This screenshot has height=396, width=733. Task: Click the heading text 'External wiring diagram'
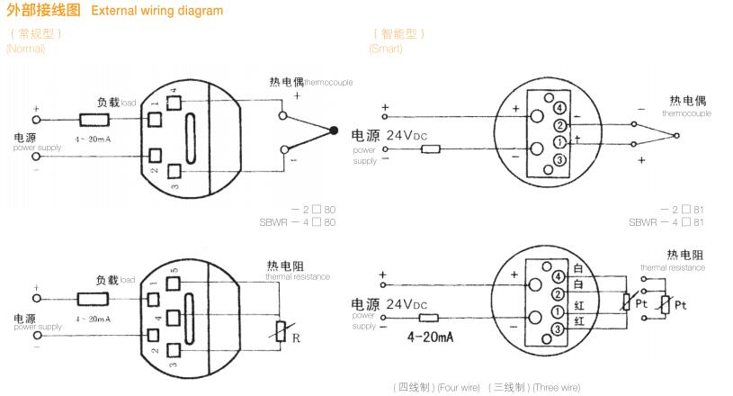(x=167, y=12)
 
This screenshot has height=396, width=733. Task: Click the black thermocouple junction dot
(x=335, y=131)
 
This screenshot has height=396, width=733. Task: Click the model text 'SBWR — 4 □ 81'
(x=666, y=222)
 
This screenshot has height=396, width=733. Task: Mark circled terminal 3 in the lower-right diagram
(x=558, y=330)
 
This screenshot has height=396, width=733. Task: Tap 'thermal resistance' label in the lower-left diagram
(x=298, y=276)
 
